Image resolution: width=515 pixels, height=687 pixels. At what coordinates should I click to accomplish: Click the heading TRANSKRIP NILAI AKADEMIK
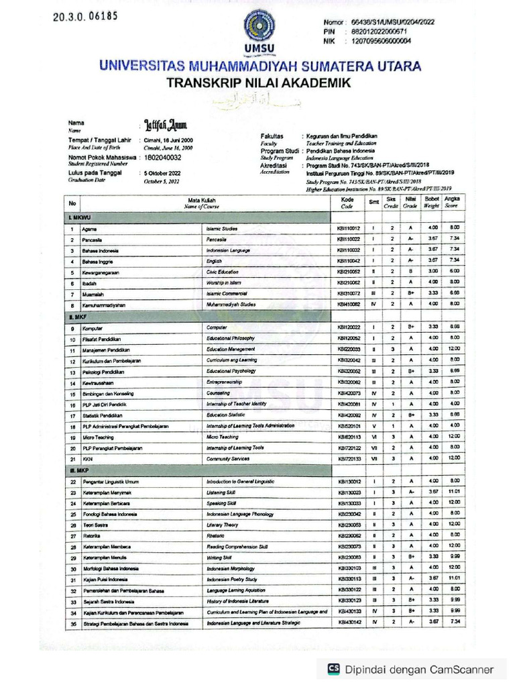point(258,83)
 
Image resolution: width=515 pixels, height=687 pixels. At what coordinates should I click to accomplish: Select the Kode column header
point(347,203)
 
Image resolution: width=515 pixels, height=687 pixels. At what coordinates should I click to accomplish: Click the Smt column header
point(373,202)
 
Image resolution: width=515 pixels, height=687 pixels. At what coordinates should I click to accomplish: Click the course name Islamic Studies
point(222,228)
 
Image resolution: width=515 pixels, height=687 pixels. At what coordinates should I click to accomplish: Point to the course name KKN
point(87,458)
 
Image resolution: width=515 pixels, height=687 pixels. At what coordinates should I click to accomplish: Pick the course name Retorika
point(92,535)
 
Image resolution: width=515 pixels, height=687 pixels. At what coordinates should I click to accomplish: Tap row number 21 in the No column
point(70,458)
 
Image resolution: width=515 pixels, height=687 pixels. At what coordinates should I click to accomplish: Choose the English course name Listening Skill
point(221,492)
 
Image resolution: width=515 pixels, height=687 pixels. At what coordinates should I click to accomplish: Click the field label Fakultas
point(272,136)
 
